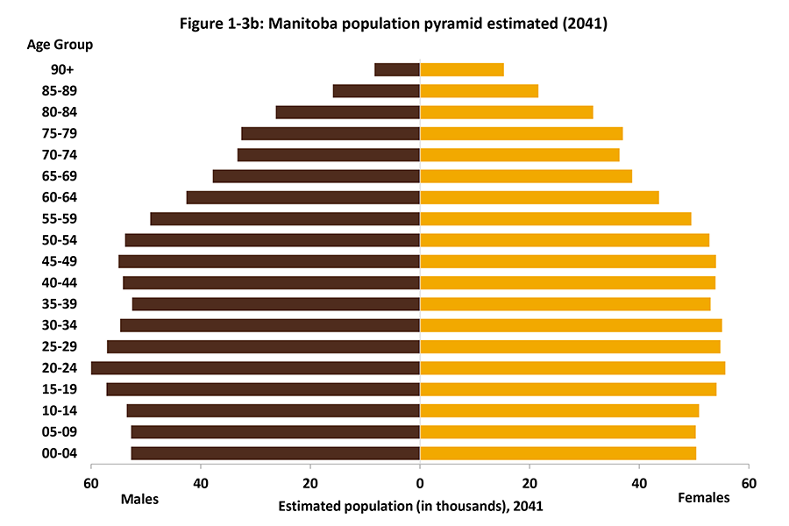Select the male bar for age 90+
click(x=397, y=69)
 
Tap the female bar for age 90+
click(x=462, y=69)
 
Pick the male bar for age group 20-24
click(x=255, y=368)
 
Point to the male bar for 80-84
click(x=348, y=112)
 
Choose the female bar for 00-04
click(x=558, y=453)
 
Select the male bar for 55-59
click(x=285, y=219)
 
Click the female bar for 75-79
click(x=522, y=133)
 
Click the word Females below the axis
click(x=704, y=498)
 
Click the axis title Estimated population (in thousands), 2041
click(x=411, y=506)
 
